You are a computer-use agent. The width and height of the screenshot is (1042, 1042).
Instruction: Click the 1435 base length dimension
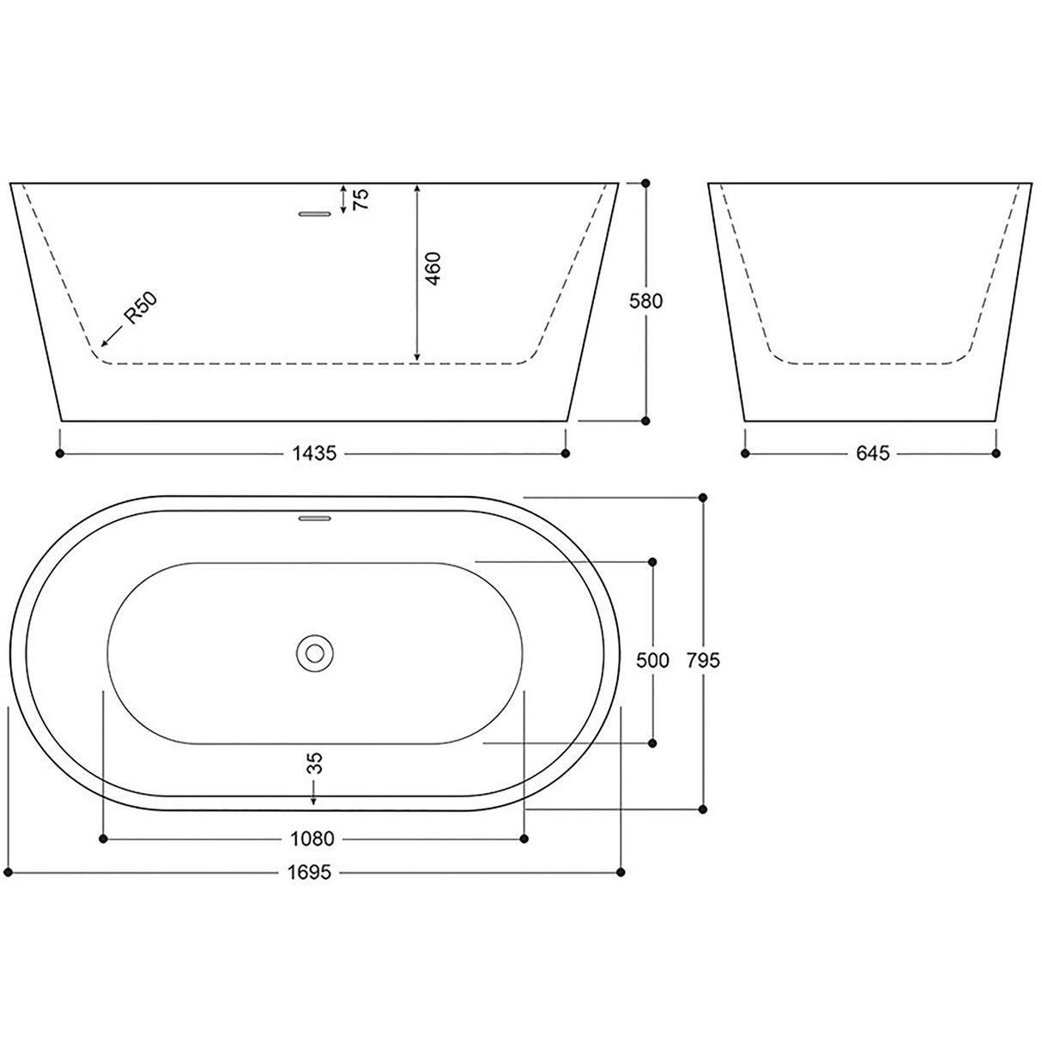click(312, 453)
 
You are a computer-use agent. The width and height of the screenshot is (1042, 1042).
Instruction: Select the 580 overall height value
click(646, 301)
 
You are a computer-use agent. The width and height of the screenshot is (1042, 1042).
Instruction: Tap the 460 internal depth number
click(432, 270)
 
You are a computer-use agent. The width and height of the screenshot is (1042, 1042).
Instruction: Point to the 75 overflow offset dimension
click(361, 199)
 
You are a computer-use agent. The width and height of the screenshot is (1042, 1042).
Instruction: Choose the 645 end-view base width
click(871, 453)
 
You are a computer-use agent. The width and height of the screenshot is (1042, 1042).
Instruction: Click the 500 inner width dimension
click(652, 660)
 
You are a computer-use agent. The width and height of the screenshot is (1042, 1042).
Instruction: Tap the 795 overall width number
click(703, 660)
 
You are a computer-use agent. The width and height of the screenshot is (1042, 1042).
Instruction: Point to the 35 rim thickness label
click(314, 762)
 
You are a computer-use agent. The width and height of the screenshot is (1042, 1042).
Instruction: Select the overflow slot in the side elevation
click(314, 214)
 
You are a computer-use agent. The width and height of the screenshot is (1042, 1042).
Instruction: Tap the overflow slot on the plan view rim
click(314, 518)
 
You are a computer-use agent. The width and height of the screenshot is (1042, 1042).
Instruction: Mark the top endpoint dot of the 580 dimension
click(646, 183)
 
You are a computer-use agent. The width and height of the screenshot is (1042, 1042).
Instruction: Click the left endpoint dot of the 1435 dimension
click(59, 453)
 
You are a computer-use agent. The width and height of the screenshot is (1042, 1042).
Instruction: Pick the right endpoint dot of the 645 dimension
click(996, 453)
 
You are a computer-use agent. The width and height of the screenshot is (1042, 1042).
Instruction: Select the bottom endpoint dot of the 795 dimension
click(703, 809)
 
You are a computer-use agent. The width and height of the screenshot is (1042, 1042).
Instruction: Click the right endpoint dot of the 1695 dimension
click(621, 873)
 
